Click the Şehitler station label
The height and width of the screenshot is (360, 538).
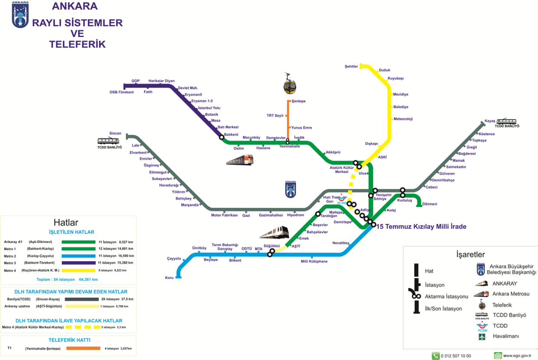[351, 66]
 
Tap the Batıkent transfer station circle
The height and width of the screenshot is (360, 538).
[222, 137]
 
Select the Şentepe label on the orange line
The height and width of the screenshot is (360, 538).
[299, 101]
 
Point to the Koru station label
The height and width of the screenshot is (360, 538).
[169, 278]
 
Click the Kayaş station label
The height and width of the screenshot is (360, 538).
[490, 121]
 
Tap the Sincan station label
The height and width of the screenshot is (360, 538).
[115, 133]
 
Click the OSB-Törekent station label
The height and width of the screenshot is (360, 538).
[121, 92]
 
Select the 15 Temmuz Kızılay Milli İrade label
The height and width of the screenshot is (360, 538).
[421, 226]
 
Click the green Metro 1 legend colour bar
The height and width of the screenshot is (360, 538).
[79, 249]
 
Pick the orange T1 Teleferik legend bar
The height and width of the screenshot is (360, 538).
[83, 348]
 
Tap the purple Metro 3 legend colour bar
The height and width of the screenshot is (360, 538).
[79, 263]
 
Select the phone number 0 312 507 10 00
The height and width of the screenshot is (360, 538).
[456, 356]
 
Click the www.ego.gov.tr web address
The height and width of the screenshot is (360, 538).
[517, 356]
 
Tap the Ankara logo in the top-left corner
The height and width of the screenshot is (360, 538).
[20, 15]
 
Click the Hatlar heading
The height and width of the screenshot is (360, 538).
[66, 223]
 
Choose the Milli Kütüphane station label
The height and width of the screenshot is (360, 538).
[314, 262]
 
